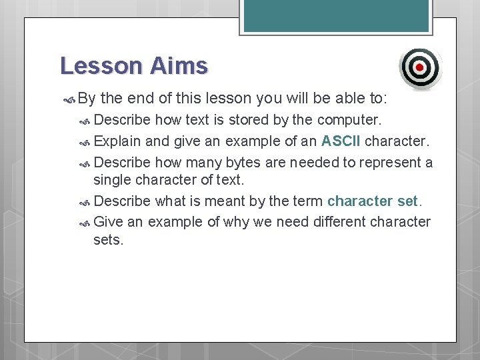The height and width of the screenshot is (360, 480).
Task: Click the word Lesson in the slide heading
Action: point(101,66)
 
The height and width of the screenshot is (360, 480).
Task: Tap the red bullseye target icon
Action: point(420,67)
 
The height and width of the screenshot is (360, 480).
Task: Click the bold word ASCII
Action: point(341,141)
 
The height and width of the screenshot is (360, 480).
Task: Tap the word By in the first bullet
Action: point(87,99)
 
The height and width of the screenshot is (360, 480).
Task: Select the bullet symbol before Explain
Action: point(85,142)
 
